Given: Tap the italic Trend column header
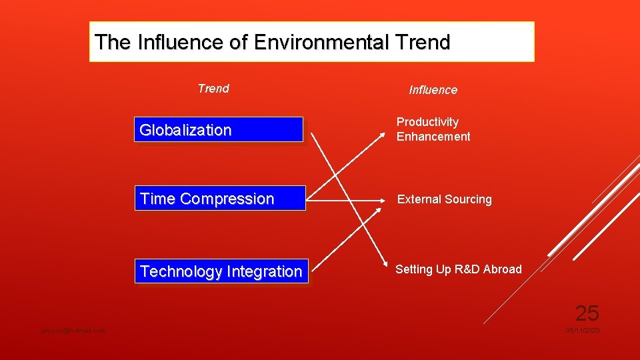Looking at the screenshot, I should point(213,89).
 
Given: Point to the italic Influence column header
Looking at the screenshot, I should point(433,90).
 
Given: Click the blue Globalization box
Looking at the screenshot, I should point(219,130).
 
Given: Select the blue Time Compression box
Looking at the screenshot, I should point(220,199).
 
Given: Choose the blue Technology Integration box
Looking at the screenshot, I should point(221,271).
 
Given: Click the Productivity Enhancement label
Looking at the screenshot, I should point(433,129).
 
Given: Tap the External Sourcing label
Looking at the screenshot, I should point(445,199).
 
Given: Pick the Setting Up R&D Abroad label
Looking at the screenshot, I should point(459,269).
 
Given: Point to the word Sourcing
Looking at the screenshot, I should point(469,199).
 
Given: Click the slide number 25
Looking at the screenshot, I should point(587,313).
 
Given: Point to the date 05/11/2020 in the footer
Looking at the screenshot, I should point(583,331).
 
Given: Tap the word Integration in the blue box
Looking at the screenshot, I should point(264,271).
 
